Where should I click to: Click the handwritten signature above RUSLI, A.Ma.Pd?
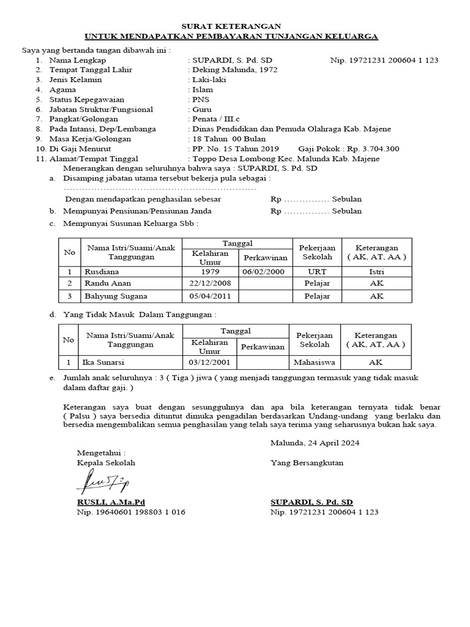point(102,481)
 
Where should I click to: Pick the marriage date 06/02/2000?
point(263,271)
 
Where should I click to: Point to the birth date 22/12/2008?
point(209,283)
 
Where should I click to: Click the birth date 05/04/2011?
point(209,296)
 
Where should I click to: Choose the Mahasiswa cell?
point(314,362)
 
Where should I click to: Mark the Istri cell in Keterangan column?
point(376,271)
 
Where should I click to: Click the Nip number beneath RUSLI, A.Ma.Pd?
point(130,511)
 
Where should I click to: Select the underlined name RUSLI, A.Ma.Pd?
point(106,501)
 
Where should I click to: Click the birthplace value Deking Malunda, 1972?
point(235,70)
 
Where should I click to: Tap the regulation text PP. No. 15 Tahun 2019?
point(235,149)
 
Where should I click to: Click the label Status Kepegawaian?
point(87,99)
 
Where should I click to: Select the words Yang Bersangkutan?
point(307,463)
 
